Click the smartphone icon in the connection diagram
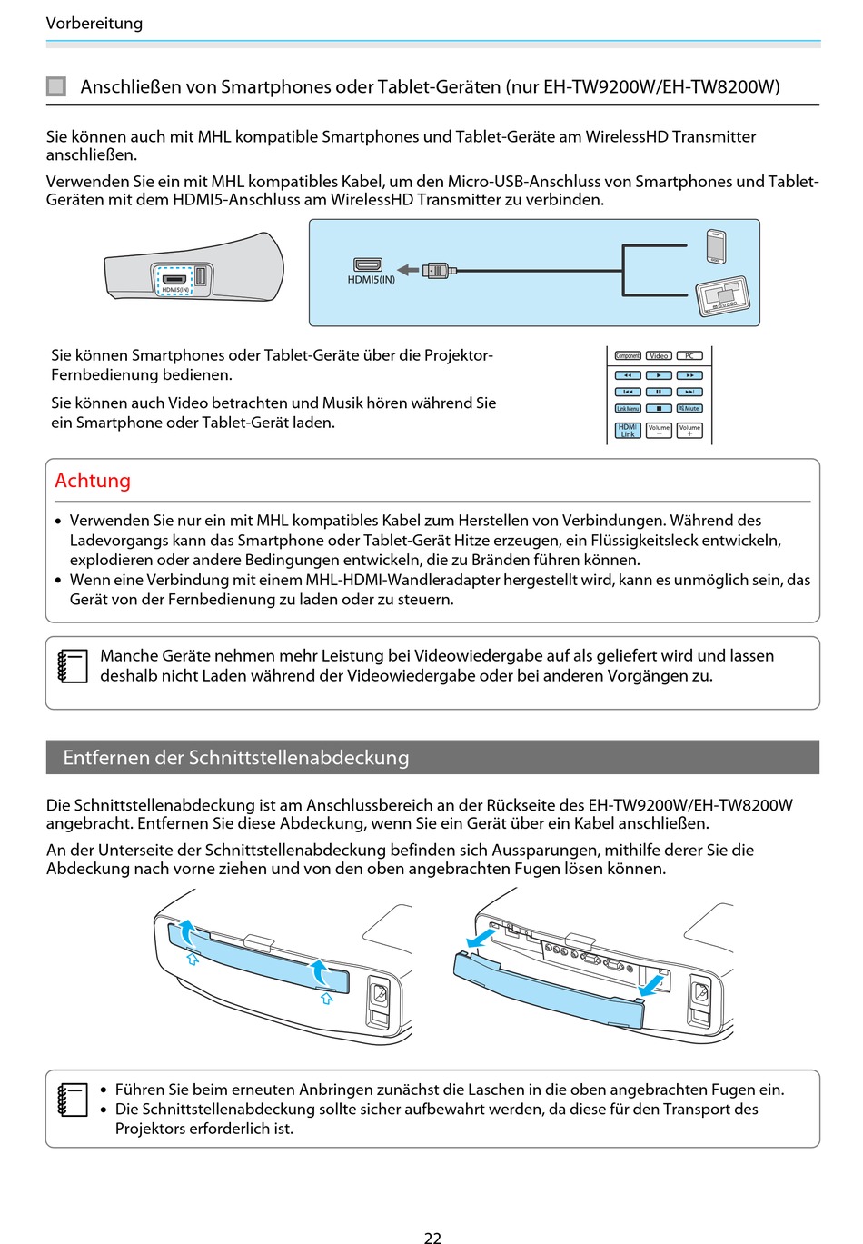pos(716,246)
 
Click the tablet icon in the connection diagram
pos(723,296)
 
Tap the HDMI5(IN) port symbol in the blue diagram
pos(368,264)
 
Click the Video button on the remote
pos(659,356)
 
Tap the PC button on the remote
pos(689,356)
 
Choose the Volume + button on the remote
pos(689,430)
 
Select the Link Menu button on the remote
pos(628,409)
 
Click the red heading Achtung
pos(93,481)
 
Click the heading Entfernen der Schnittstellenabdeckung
pos(236,758)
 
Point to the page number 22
pos(432,1237)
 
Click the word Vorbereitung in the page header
pos(94,24)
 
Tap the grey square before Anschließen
pos(56,87)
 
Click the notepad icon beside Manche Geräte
pos(73,666)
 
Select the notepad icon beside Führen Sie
pos(73,1100)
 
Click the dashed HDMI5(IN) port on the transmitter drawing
pos(174,280)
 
